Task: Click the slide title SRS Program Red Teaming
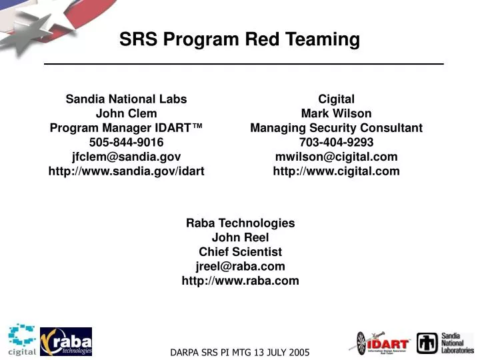(239, 39)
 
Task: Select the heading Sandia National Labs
(126, 99)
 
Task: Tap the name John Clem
(127, 113)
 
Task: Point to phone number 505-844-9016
(126, 142)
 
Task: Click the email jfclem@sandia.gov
(126, 157)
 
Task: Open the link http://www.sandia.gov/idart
(126, 171)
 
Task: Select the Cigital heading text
(336, 99)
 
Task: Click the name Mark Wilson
(336, 113)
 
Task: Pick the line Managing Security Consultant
(336, 128)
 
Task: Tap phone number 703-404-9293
(336, 142)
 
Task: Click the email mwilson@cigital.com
(336, 157)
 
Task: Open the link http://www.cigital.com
(336, 171)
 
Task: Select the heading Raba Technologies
(240, 223)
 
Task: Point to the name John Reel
(240, 237)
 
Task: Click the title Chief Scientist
(240, 252)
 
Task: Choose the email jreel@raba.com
(240, 266)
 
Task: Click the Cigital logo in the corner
(22, 340)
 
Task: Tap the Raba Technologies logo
(66, 341)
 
